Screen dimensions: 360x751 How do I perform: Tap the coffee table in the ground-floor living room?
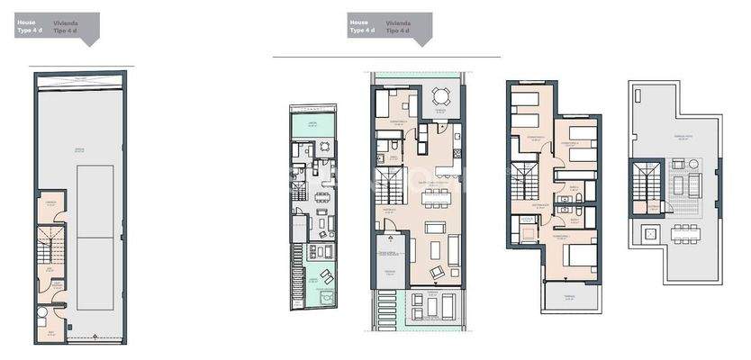click(x=437, y=247)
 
